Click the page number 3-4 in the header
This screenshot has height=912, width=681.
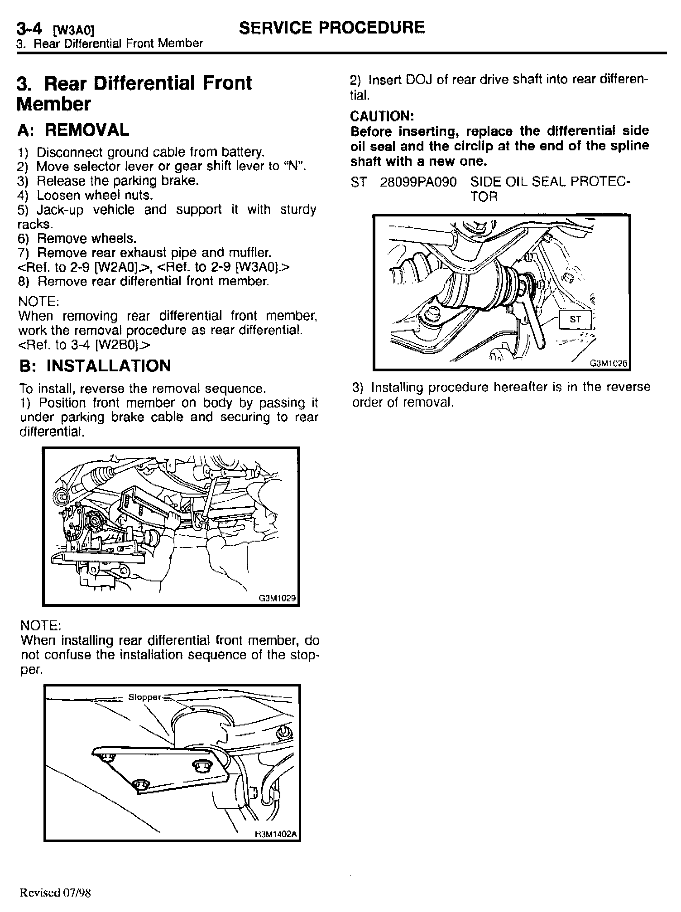[x=30, y=29]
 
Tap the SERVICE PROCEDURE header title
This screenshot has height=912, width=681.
[x=332, y=28]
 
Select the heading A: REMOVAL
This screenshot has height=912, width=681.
[x=73, y=130]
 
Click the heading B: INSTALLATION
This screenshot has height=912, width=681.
[x=95, y=366]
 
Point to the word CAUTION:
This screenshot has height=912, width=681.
[x=382, y=116]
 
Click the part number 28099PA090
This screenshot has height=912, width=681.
[x=418, y=182]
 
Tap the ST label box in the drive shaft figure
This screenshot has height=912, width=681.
[x=575, y=319]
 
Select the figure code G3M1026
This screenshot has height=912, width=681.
[x=609, y=363]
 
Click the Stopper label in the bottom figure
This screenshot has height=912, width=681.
[x=144, y=697]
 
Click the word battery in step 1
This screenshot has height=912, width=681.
[x=245, y=152]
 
